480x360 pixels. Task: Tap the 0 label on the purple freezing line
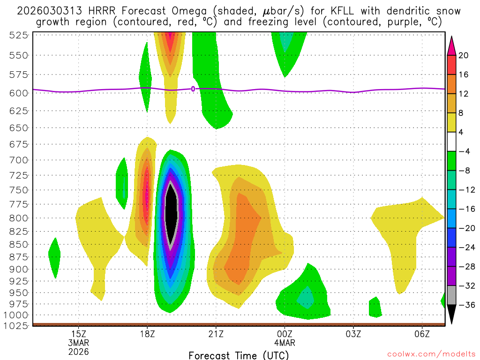(x=193, y=89)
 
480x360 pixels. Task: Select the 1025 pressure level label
(x=17, y=325)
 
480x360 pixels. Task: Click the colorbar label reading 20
(x=464, y=55)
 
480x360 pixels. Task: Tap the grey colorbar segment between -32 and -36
(x=451, y=295)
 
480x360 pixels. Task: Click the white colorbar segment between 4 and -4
(x=451, y=142)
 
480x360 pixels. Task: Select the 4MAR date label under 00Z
(x=285, y=342)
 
